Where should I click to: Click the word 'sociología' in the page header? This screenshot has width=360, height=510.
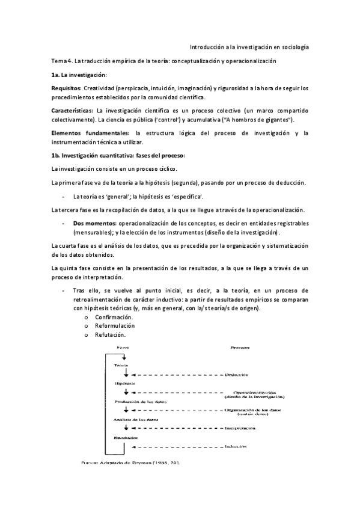pos(294,46)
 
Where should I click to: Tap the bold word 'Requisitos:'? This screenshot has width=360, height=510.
pos(67,88)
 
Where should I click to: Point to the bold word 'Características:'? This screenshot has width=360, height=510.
pos(72,111)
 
